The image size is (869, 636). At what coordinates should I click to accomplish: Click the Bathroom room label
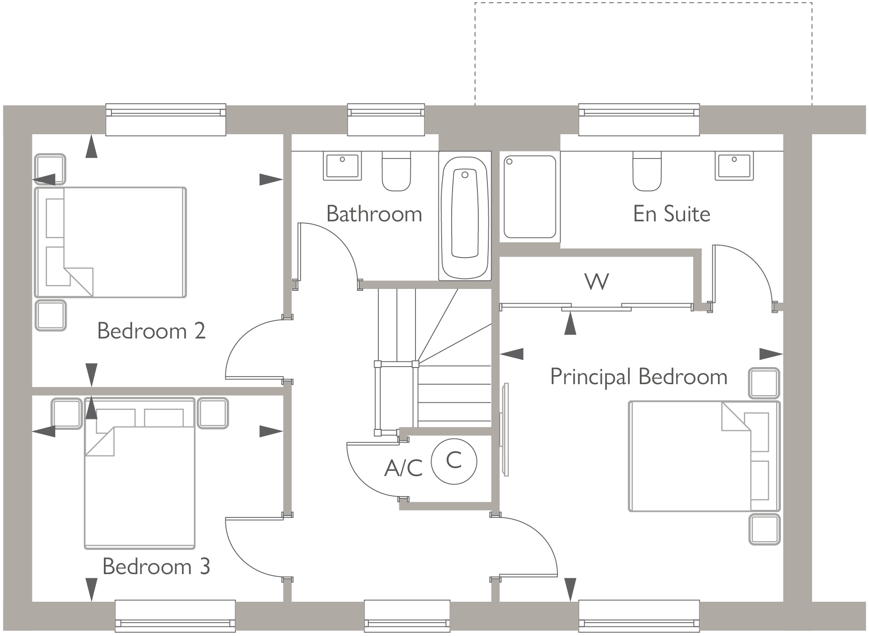coord(374,214)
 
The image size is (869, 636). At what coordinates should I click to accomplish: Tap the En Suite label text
coord(671,214)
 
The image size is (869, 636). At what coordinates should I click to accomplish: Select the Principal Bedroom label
coord(638,377)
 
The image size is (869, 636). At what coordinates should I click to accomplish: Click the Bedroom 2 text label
coord(151,331)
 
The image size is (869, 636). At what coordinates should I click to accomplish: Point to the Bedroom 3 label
coord(156,566)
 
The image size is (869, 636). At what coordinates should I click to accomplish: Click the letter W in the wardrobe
coord(596,282)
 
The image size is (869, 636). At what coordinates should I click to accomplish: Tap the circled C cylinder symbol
coord(454,461)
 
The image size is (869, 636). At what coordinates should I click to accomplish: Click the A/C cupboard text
coord(404,468)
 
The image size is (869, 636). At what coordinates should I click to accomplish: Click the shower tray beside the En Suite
coord(530,196)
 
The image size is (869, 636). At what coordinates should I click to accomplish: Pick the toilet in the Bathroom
coord(396,171)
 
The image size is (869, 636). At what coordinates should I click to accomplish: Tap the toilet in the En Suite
coord(647,171)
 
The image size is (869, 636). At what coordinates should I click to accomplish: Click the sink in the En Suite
coord(734,165)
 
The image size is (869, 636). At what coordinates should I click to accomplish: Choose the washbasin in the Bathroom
coord(342,165)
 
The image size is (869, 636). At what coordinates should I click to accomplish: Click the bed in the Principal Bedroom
coord(704,456)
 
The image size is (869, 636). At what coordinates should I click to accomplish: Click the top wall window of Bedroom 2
coord(165,119)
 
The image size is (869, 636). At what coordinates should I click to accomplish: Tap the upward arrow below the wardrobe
coord(570,325)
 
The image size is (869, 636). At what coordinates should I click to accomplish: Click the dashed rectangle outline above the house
coord(643,3)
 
